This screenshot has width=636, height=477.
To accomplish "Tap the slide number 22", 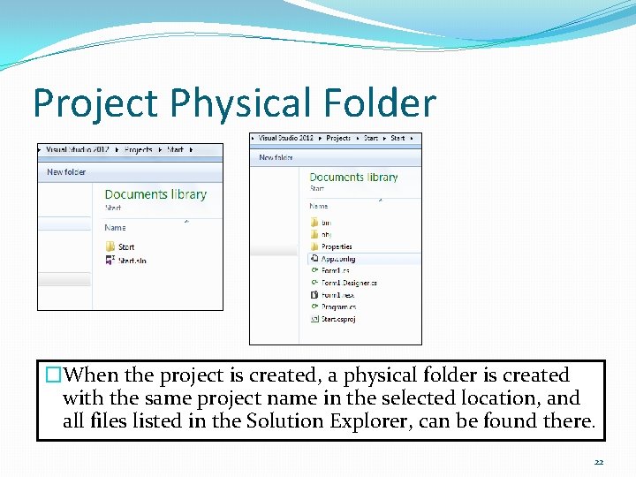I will (599, 462).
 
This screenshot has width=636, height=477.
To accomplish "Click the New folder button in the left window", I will (66, 172).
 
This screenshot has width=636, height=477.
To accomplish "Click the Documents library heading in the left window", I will (155, 194).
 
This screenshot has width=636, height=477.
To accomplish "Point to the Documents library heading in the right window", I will (353, 177).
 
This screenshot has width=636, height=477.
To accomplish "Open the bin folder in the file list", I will (324, 223).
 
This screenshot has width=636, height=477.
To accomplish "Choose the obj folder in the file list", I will (324, 234).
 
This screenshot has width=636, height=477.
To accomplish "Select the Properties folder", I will (336, 246).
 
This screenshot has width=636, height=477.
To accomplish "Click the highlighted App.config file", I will (337, 259).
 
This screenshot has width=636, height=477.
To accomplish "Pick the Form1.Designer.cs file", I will (348, 283).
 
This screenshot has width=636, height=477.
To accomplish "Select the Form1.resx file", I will (337, 294).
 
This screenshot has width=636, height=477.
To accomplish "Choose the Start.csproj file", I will (338, 318).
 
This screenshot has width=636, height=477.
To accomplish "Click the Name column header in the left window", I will (115, 227).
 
